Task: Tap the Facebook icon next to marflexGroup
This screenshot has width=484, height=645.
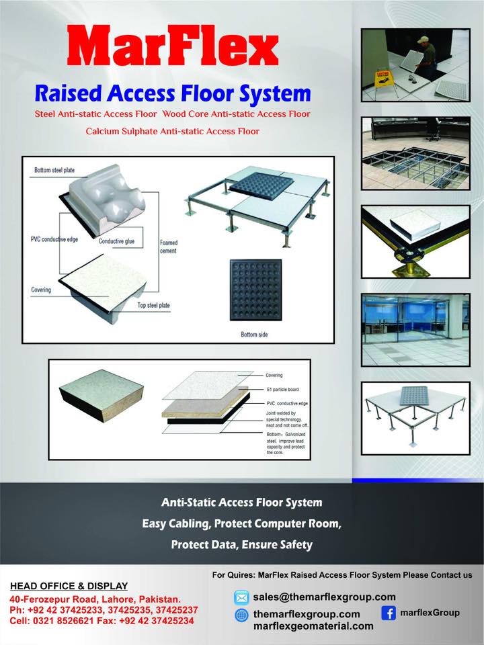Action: (x=388, y=613)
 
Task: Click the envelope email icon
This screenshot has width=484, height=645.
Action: (x=241, y=597)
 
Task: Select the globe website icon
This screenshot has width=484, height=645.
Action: (x=241, y=615)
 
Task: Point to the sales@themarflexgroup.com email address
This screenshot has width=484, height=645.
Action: (x=324, y=597)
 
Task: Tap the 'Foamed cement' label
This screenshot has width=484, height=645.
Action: (x=168, y=247)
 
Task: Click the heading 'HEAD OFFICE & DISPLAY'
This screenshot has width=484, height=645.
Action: (x=69, y=586)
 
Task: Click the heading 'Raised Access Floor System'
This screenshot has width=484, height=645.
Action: (x=172, y=92)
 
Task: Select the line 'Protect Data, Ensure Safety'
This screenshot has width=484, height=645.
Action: (x=241, y=545)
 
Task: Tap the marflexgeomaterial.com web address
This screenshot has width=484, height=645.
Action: (x=313, y=626)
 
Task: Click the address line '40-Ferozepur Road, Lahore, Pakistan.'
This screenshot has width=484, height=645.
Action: (x=95, y=599)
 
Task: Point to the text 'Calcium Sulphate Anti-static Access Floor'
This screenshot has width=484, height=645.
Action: (x=172, y=131)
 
